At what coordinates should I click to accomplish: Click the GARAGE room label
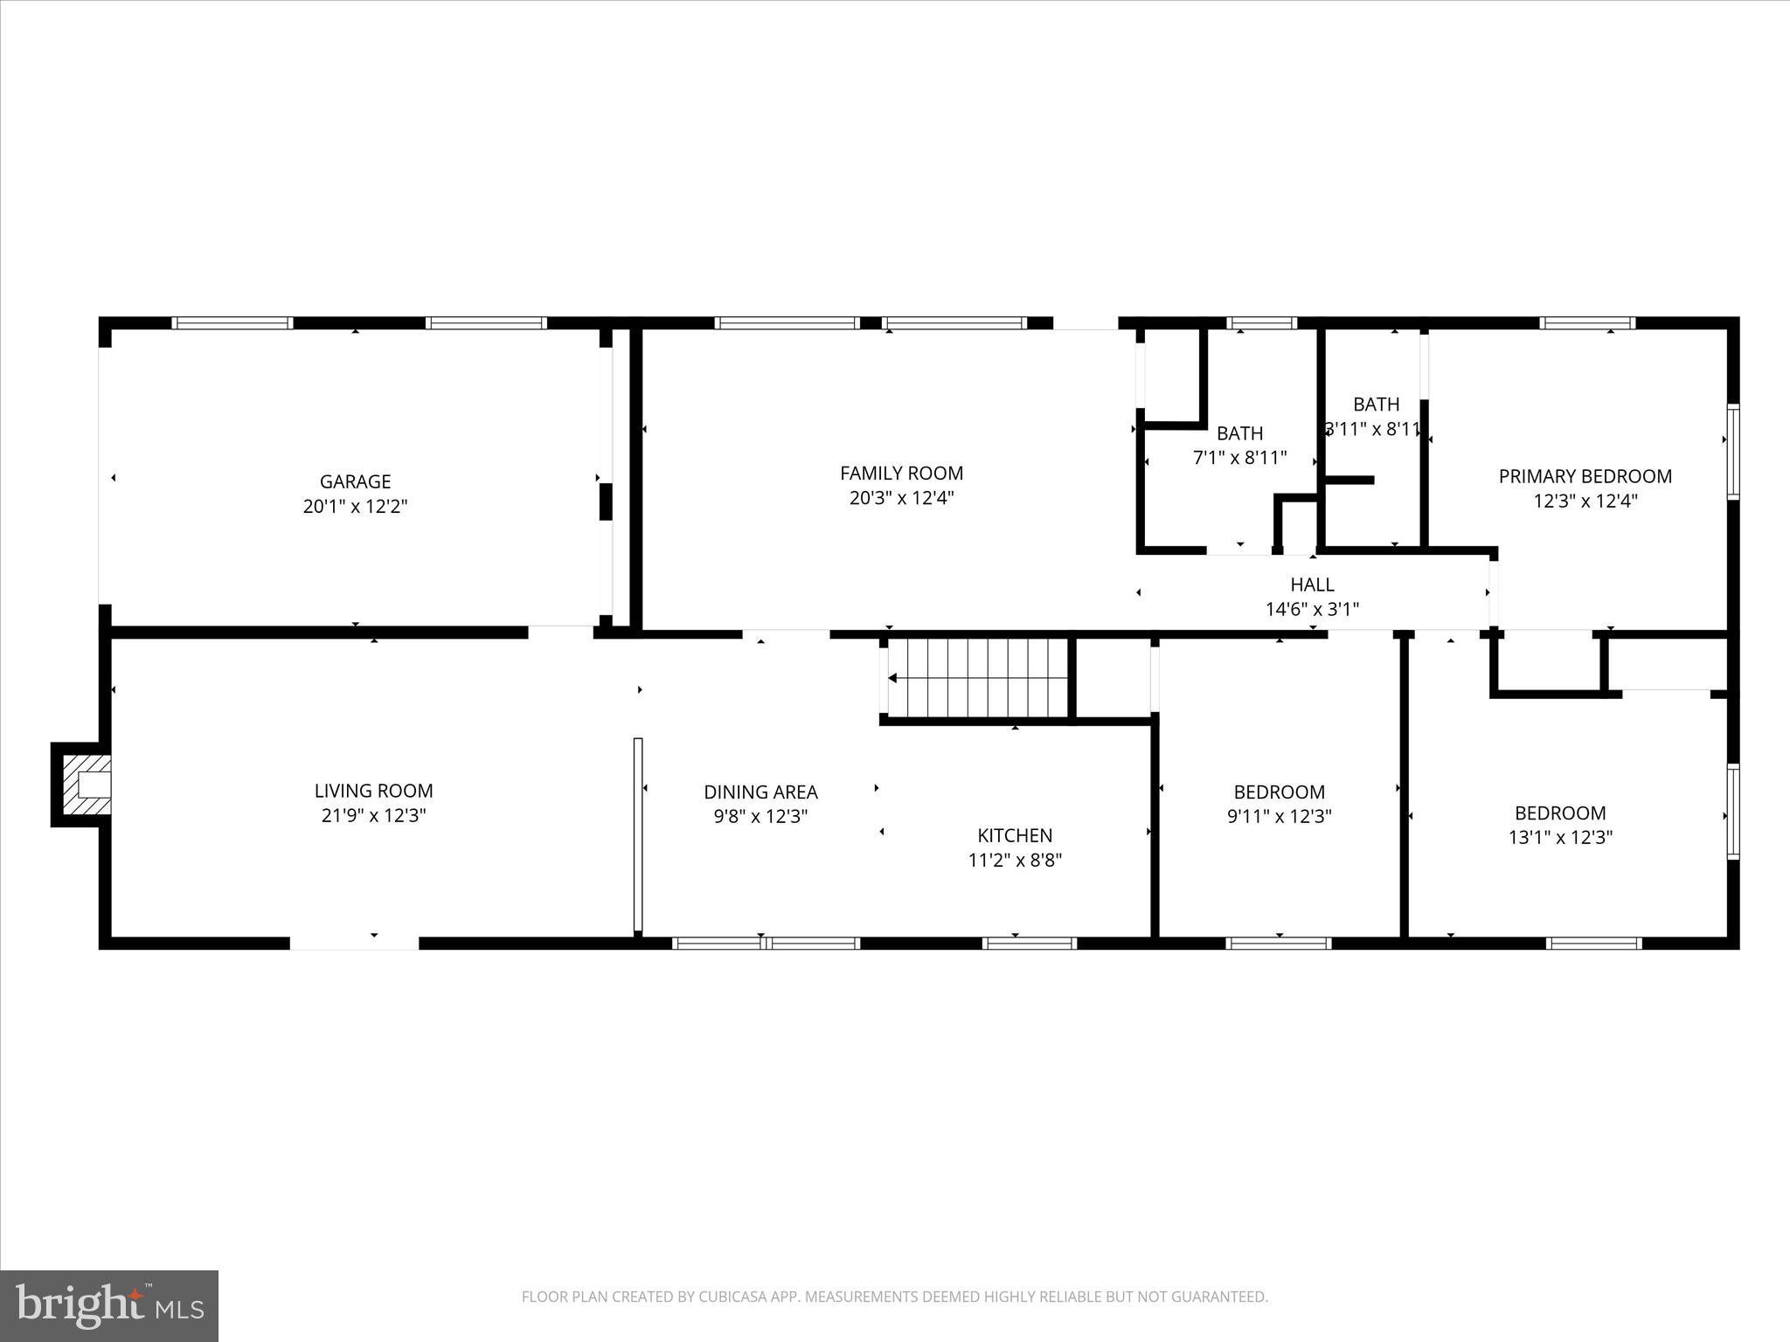(355, 481)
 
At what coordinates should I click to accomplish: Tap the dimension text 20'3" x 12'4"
(901, 498)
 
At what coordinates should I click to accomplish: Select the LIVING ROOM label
(373, 791)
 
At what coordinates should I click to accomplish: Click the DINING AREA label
(760, 792)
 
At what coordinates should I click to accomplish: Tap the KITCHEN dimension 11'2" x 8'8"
(1015, 861)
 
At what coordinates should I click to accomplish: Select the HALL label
(1312, 585)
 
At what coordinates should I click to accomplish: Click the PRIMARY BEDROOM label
(1585, 476)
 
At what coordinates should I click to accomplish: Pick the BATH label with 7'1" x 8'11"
(1239, 433)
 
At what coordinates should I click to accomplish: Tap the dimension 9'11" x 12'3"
(1279, 817)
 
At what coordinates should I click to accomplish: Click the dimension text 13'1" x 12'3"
(1560, 837)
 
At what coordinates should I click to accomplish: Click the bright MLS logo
(109, 1305)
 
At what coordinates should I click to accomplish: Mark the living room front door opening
(354, 943)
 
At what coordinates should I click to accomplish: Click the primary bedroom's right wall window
(1732, 452)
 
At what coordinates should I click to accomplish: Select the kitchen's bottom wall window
(1029, 943)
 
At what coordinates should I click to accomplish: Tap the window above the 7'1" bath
(1261, 323)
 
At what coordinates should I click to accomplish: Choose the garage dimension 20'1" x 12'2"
(355, 507)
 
